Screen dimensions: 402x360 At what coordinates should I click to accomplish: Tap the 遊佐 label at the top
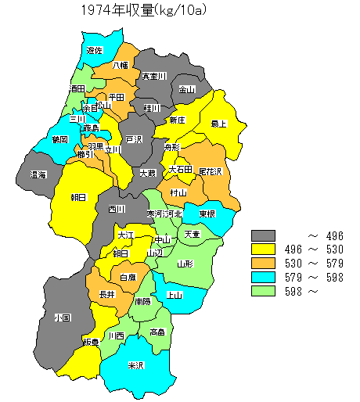point(95,50)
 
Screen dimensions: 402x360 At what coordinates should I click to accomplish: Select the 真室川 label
point(153,77)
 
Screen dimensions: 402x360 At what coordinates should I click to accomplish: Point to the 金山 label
point(187,90)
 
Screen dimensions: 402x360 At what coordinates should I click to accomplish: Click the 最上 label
point(219,124)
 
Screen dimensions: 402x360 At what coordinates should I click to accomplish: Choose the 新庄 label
point(177,120)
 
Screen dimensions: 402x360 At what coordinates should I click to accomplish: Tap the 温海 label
point(38,174)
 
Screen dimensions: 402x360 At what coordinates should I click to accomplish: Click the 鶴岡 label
point(59,139)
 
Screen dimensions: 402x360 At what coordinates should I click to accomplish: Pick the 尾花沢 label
point(210,170)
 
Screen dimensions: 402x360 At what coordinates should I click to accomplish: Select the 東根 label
point(207,214)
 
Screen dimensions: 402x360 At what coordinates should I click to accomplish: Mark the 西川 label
point(117,209)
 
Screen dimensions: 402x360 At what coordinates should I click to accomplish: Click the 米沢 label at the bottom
point(136,365)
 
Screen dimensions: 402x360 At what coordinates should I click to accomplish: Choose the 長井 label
point(107,294)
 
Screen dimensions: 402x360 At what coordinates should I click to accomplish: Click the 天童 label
point(192,234)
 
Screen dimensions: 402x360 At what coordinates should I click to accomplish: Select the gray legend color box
point(264,235)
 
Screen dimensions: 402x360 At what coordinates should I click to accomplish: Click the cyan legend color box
point(264,278)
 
